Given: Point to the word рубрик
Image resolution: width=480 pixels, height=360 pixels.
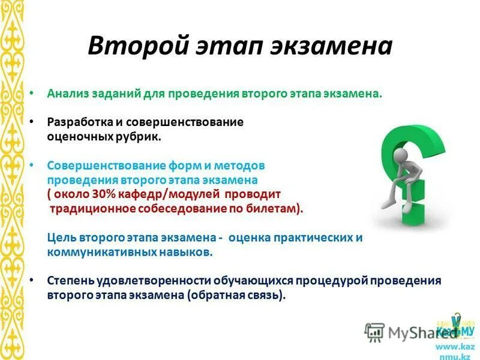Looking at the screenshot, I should point(140,137).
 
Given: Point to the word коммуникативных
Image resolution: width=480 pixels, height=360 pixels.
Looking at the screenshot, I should point(92,252).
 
